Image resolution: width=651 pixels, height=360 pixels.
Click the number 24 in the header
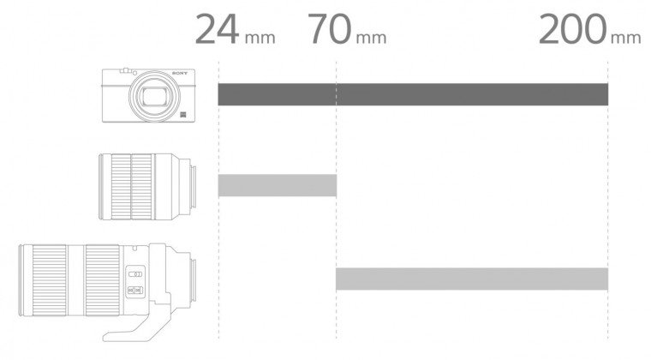tap(217, 29)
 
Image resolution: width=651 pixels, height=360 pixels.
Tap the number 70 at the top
tap(329, 29)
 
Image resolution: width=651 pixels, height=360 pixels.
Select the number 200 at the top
tap(572, 29)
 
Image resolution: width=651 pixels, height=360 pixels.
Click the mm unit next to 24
tap(260, 39)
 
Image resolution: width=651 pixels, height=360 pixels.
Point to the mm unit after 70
tap(371, 39)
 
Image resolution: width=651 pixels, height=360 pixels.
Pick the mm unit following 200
tap(626, 39)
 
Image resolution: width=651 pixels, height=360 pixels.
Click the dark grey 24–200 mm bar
tap(413, 94)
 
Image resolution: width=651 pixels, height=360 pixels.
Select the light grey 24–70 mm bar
tap(278, 185)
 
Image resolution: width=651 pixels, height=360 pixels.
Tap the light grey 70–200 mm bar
tap(472, 279)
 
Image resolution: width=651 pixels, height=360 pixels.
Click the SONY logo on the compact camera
tap(180, 73)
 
